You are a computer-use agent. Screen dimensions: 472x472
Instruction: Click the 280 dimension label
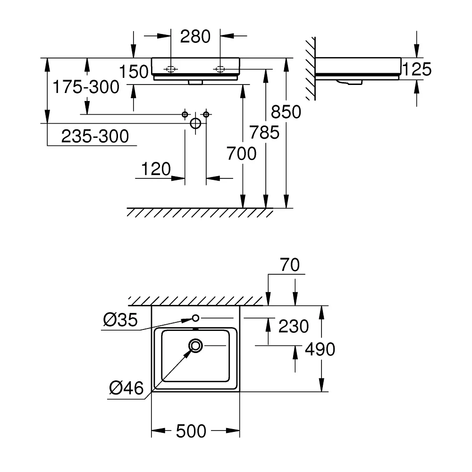click(195, 37)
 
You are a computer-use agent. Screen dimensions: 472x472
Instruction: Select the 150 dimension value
click(134, 72)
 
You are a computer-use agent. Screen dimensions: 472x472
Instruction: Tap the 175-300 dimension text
click(86, 87)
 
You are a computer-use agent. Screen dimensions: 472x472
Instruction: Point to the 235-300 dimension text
click(95, 136)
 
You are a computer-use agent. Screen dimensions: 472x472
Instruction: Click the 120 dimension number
click(156, 169)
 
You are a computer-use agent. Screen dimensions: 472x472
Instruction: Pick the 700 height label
click(241, 153)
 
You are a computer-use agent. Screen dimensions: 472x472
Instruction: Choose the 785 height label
click(265, 133)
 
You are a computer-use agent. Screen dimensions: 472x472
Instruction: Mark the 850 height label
click(286, 112)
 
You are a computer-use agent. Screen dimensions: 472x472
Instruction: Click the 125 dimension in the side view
click(417, 69)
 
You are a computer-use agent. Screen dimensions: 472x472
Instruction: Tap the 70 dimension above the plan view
click(290, 265)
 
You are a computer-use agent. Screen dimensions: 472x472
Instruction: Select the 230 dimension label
click(294, 326)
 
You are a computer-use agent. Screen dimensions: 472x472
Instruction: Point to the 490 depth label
click(320, 349)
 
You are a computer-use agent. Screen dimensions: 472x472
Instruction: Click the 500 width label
click(191, 431)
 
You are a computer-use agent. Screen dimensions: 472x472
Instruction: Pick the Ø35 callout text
click(120, 320)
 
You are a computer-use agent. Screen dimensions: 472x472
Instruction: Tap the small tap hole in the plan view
click(196, 318)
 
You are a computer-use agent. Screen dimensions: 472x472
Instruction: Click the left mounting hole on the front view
click(171, 69)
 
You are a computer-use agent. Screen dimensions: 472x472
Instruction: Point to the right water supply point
click(206, 114)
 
